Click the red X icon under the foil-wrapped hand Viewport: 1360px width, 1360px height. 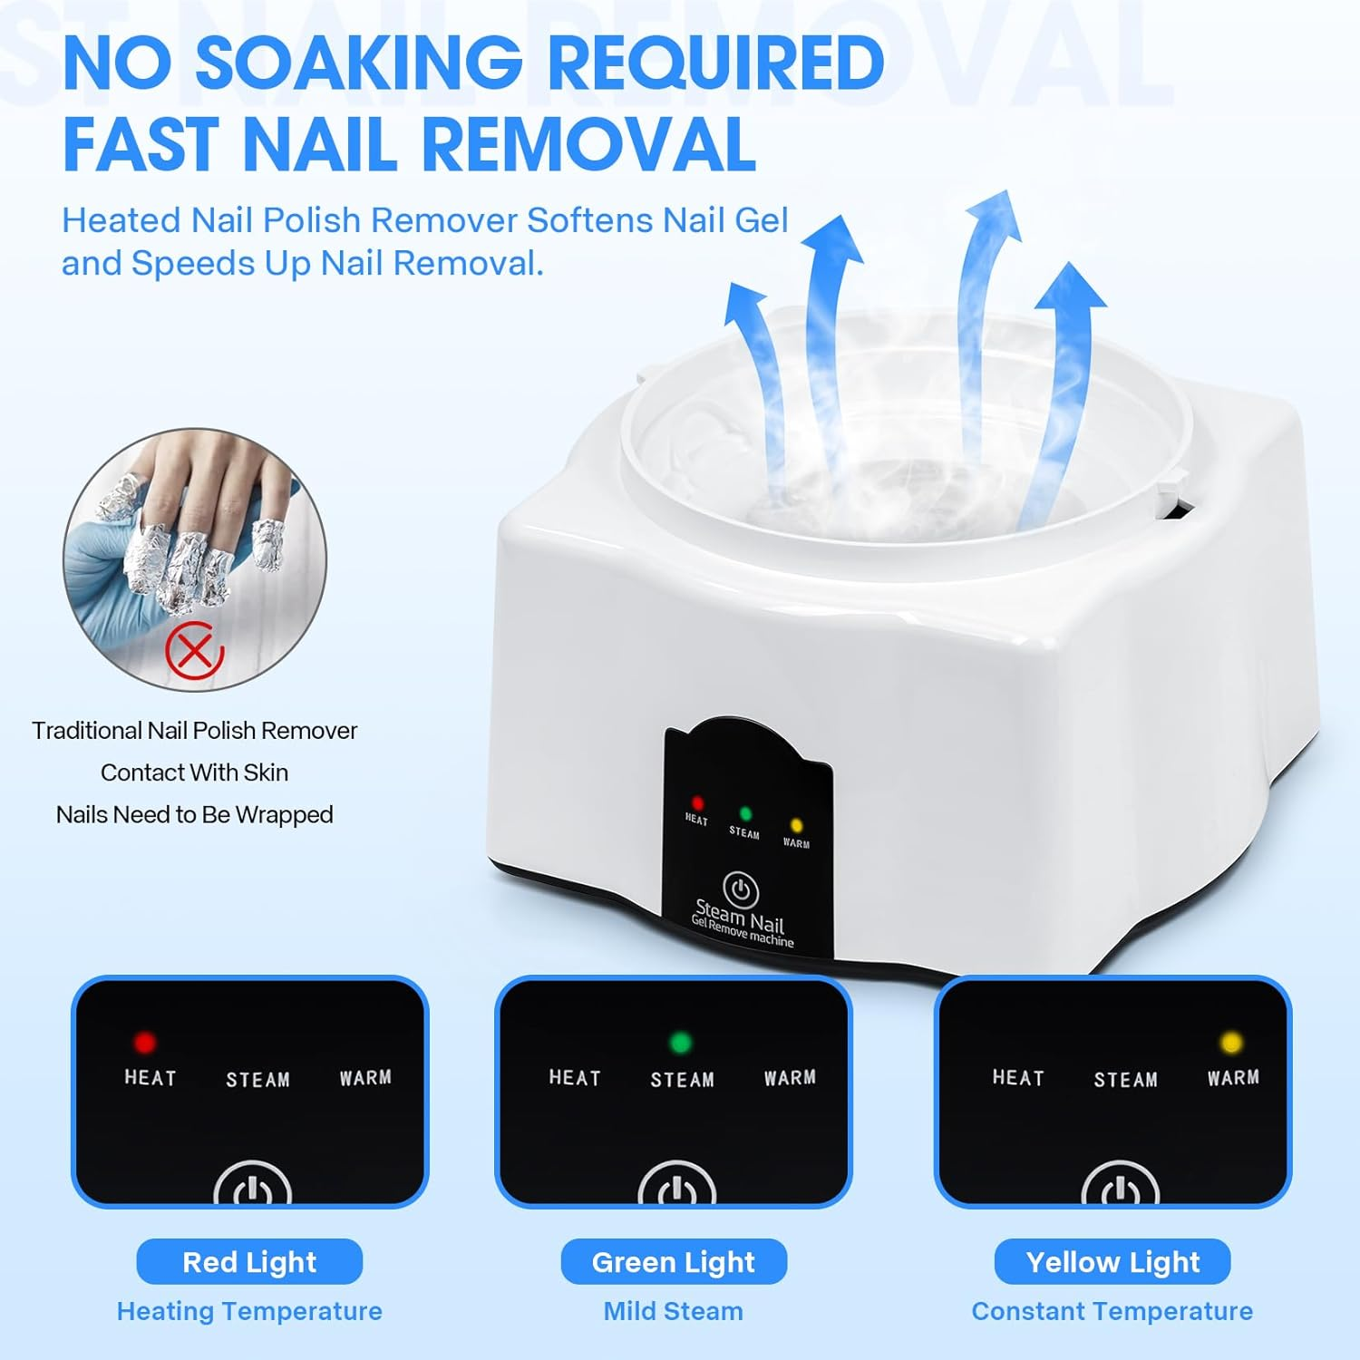[x=194, y=649]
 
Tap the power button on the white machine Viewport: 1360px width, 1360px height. [x=741, y=889]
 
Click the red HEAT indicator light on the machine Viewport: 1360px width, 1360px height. [x=697, y=803]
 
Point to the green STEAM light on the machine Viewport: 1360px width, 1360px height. [x=745, y=814]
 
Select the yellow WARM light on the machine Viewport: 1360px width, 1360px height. [x=797, y=826]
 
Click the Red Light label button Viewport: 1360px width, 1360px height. [x=249, y=1261]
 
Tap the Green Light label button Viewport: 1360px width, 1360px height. [x=674, y=1261]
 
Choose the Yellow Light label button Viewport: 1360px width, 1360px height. [x=1112, y=1261]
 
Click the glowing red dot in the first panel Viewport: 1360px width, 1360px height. [x=144, y=1042]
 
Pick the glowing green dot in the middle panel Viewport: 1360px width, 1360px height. [x=680, y=1042]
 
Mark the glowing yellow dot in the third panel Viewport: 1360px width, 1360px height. [x=1231, y=1042]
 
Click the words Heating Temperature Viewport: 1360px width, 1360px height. [x=249, y=1311]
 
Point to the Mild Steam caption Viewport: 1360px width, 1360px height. [x=674, y=1311]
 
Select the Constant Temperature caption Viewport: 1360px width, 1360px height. [x=1112, y=1311]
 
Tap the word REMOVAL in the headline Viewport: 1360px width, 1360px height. [x=588, y=144]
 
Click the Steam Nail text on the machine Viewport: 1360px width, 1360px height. [x=739, y=916]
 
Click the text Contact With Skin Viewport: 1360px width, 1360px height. [x=194, y=772]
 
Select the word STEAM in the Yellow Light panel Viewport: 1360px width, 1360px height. [x=1125, y=1079]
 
